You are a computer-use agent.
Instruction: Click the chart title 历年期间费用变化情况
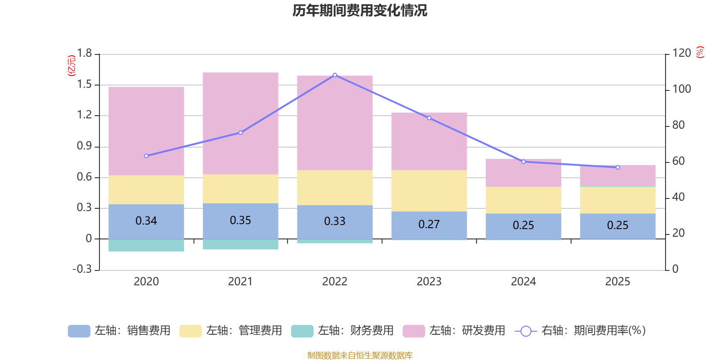(x=360, y=10)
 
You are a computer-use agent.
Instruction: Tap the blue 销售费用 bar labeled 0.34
(x=146, y=221)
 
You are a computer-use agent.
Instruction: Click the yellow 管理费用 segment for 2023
(x=429, y=190)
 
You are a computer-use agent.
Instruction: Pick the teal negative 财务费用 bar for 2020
(x=146, y=245)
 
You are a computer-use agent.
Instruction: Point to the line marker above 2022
(x=335, y=75)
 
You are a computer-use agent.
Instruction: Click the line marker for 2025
(x=617, y=167)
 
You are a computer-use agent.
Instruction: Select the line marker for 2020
(x=146, y=156)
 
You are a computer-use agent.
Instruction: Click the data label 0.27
(x=429, y=224)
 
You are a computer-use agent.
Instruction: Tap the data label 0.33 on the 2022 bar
(x=335, y=221)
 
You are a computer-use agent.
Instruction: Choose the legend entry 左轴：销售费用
(x=119, y=331)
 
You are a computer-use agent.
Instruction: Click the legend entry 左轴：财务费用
(x=342, y=331)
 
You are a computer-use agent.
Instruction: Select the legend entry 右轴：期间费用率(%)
(x=580, y=331)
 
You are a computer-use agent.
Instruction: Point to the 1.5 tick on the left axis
(x=84, y=85)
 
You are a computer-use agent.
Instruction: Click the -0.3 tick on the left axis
(x=82, y=269)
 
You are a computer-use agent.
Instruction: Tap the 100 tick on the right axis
(x=681, y=89)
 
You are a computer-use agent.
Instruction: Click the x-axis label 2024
(x=523, y=281)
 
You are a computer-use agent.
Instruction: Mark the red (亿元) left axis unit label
(x=71, y=66)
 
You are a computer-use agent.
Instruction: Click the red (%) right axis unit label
(x=700, y=52)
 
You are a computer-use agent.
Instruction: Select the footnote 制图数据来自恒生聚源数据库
(x=360, y=355)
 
